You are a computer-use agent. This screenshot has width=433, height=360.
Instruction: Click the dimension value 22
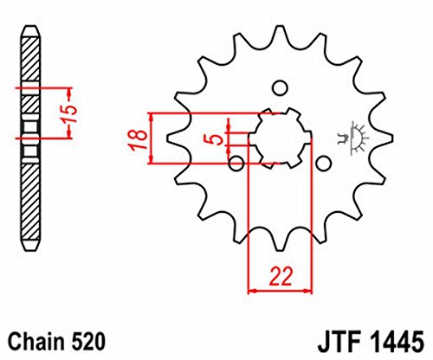point(281,276)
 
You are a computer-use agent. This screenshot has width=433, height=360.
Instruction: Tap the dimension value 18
point(139,139)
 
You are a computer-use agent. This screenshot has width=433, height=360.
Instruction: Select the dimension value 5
point(216,140)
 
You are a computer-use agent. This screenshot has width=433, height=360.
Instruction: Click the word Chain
point(36,343)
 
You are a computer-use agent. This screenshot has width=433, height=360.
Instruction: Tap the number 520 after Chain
point(87,343)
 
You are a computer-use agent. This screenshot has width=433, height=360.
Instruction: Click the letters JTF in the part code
point(340,343)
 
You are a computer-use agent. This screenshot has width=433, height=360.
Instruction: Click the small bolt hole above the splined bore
point(280,88)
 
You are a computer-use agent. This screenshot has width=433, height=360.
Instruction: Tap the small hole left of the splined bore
point(236,164)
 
